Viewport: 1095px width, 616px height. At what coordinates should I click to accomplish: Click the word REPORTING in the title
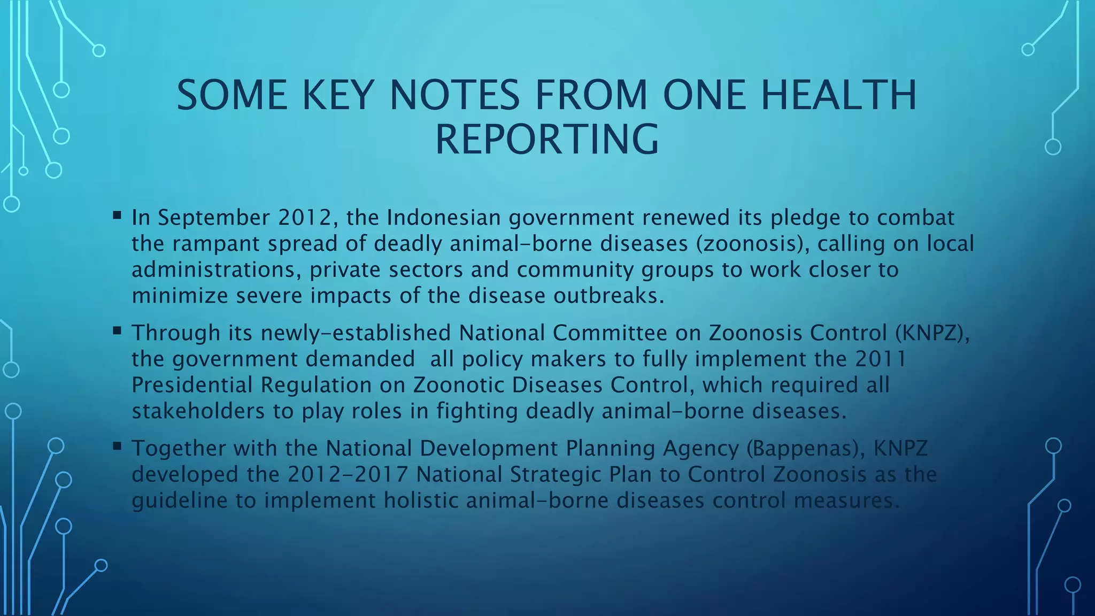tap(547, 139)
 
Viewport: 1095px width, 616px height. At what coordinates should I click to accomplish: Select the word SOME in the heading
tap(232, 95)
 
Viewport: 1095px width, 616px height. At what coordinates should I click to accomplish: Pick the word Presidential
tap(195, 385)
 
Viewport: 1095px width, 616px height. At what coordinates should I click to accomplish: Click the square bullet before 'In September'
tap(117, 216)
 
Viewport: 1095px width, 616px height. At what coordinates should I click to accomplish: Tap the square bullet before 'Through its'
tap(117, 332)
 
